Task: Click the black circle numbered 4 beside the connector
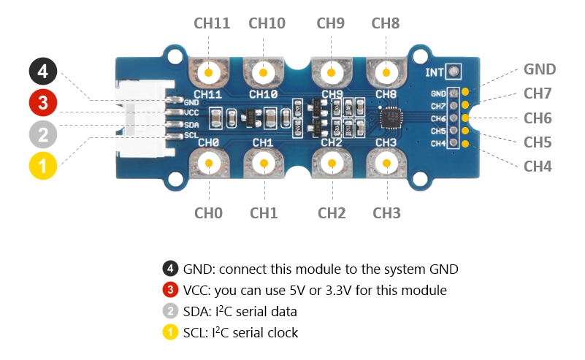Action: tap(43, 72)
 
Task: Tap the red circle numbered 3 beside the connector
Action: tap(43, 103)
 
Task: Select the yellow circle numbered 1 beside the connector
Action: tap(43, 166)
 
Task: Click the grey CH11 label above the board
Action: tap(212, 23)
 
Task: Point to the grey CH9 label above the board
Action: tap(330, 23)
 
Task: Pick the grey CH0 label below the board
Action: tap(209, 213)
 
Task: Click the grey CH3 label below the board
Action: tap(386, 213)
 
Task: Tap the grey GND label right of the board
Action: tap(540, 70)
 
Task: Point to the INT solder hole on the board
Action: tap(454, 72)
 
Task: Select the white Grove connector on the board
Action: tap(142, 119)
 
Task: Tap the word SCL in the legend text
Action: tap(196, 332)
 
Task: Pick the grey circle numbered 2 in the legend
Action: tap(170, 311)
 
